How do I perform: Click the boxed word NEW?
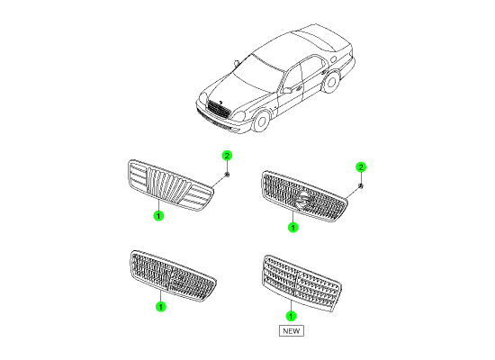coord(292,331)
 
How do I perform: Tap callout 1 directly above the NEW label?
coord(291,316)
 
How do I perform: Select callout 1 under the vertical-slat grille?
coord(158,216)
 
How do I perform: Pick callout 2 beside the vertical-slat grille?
coord(227,156)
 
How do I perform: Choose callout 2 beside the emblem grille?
coord(361,167)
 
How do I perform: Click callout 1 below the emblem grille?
coord(293,228)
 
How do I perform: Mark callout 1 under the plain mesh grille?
coord(161,306)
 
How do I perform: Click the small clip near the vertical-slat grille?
coord(227,175)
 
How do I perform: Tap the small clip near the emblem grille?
coord(361,186)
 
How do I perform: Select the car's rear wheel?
coord(331,82)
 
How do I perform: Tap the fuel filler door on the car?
coord(333,58)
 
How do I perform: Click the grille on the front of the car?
coord(218,109)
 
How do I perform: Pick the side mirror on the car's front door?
coord(287,90)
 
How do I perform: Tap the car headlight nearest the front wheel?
coord(239,116)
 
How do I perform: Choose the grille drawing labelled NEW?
coord(301,283)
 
